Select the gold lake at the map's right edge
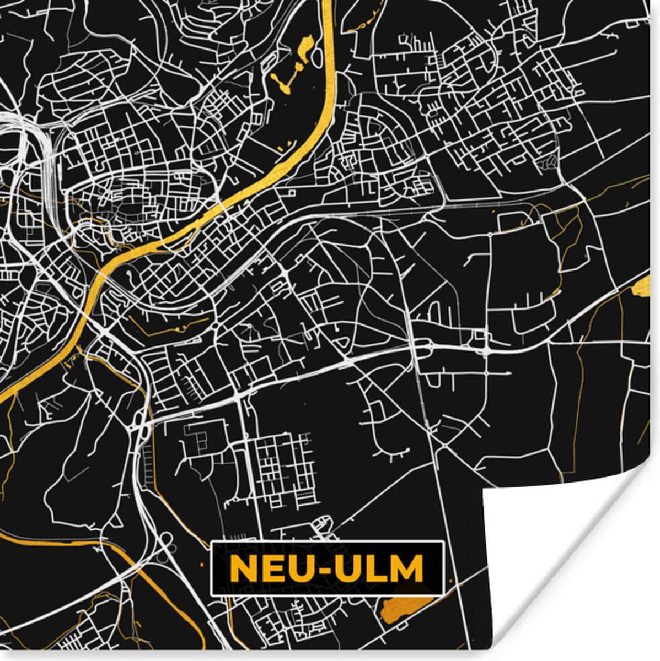tap(642, 286)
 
